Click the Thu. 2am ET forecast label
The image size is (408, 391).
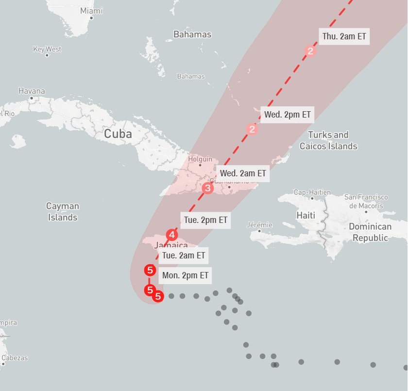coord(344,36)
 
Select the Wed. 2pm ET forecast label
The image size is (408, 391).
coord(287,115)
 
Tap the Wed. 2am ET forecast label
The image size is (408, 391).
coord(243,173)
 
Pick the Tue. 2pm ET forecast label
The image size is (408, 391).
coord(206,220)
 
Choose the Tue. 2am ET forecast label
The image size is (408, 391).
coord(184,255)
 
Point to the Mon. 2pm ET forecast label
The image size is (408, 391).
coord(186,275)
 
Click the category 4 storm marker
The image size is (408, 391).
coord(171,235)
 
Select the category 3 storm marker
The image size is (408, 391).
coord(208,188)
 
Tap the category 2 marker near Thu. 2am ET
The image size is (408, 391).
coord(310,51)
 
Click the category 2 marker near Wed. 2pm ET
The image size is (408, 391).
coord(252,129)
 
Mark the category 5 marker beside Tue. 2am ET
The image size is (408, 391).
coord(150,270)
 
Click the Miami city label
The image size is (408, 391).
coord(91,11)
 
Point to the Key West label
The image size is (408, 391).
coord(47,49)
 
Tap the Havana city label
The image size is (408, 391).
coord(32,91)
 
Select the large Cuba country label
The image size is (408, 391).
coord(118,134)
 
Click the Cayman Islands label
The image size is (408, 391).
coord(63,212)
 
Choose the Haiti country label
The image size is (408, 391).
coord(306,215)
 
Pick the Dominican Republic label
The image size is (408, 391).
coord(370,232)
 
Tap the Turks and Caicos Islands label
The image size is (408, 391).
coord(328,140)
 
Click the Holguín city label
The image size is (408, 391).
coord(200,159)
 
